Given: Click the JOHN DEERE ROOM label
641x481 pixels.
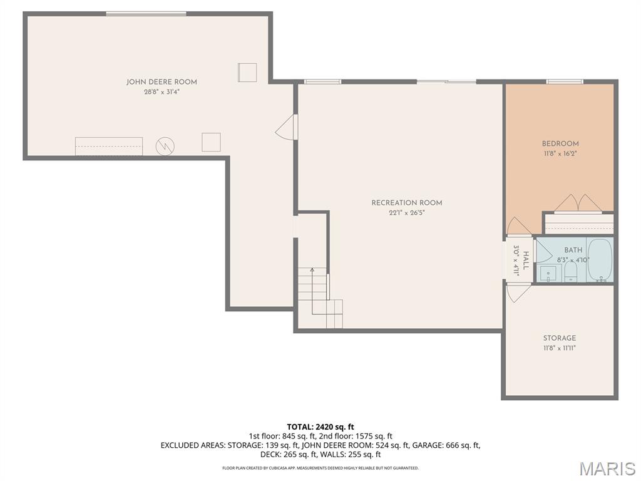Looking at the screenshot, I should tap(162, 82).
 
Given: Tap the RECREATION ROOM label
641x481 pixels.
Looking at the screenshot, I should tap(406, 203).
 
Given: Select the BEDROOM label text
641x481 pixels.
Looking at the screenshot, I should tap(560, 143).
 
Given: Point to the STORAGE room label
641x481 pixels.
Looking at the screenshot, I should tap(559, 338).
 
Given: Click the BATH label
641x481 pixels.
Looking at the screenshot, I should tap(573, 250).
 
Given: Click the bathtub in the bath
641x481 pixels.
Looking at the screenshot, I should tap(599, 260).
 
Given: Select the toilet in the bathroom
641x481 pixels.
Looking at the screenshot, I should tap(570, 271).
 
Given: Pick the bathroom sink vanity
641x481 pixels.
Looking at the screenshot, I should tap(548, 274).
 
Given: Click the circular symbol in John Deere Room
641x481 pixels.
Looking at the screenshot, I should tap(165, 147).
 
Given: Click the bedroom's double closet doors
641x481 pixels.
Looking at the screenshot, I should tap(579, 203).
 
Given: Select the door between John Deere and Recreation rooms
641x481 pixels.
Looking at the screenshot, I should tap(285, 127).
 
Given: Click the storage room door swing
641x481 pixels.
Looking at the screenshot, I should tap(518, 292).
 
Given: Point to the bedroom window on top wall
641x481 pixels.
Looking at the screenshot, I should tap(565, 81).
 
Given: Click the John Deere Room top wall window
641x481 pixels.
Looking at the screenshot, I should tap(146, 13).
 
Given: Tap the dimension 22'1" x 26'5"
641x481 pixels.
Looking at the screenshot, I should tap(406, 213).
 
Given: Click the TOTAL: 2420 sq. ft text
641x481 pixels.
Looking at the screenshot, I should tap(320, 427).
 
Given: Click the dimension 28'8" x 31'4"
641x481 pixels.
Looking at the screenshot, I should tap(162, 92).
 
